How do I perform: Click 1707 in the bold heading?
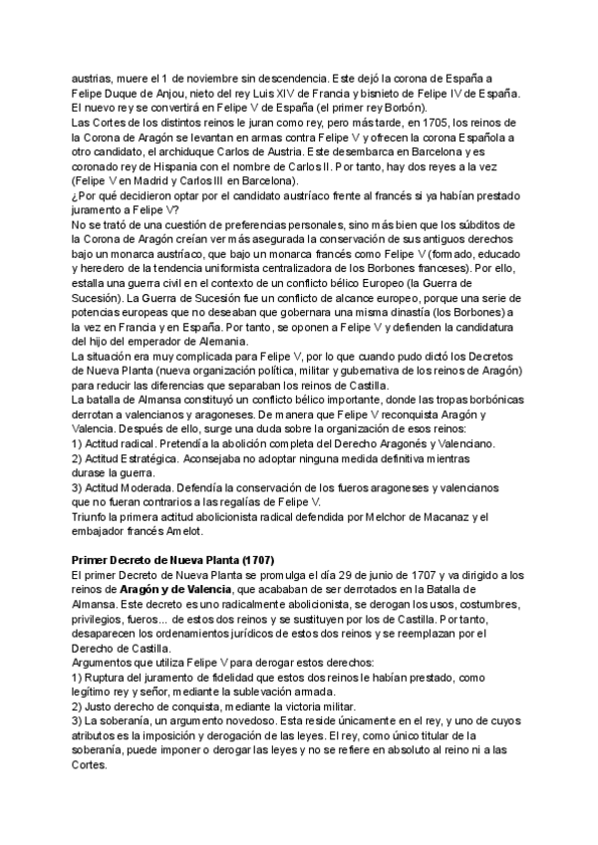(254, 560)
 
